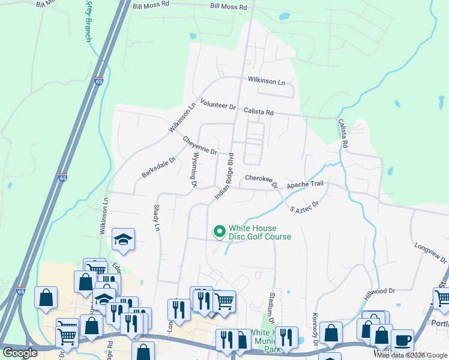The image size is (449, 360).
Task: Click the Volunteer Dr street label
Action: click(x=218, y=104)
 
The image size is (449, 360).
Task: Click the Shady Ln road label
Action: click(x=157, y=218)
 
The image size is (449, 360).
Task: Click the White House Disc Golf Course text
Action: click(x=260, y=232)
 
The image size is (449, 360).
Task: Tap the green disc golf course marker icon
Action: click(x=219, y=230)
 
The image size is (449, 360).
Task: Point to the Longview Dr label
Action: click(x=430, y=252)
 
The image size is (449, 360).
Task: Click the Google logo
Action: click(x=20, y=353)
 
